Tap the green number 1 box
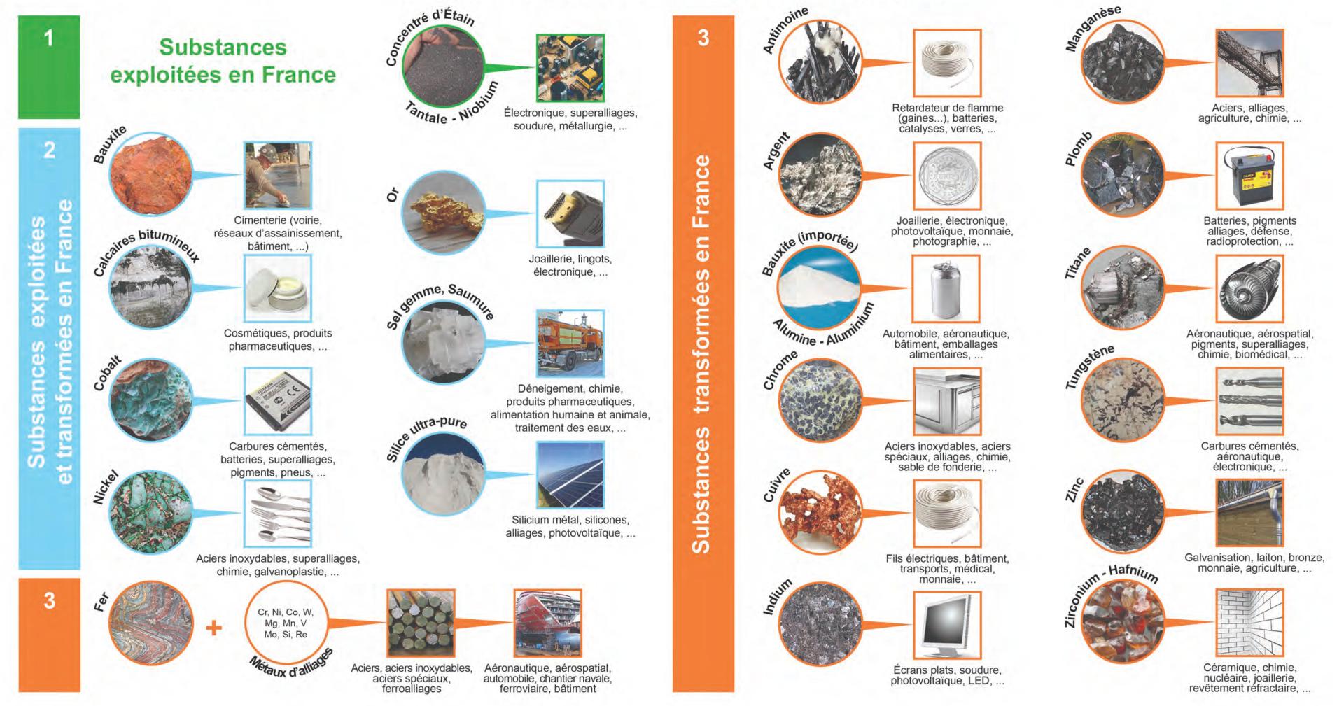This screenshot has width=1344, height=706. (49, 66)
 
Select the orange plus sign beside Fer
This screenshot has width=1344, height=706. (213, 628)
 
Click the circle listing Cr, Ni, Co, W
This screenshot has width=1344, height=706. (286, 623)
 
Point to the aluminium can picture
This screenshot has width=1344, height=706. (946, 288)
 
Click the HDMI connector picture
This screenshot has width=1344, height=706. (570, 213)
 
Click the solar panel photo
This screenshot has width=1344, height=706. (570, 474)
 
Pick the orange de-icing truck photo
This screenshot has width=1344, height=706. (570, 344)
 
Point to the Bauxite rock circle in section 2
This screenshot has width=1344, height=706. (151, 174)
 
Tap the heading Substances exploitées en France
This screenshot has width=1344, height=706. (223, 61)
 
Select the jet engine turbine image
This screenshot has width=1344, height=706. (1249, 288)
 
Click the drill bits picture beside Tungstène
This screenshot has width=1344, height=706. (1249, 401)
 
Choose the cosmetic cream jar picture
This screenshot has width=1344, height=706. (278, 288)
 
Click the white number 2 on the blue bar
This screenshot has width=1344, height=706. (50, 150)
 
